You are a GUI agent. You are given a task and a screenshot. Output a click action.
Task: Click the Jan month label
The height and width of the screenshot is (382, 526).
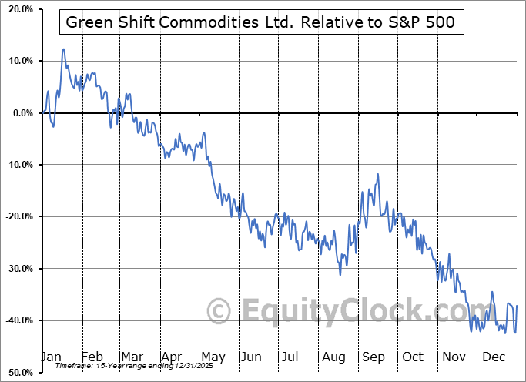pos(51,357)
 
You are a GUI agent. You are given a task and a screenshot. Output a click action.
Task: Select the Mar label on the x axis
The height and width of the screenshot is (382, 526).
pos(131,357)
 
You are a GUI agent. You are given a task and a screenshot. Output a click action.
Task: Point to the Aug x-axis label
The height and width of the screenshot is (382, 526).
pos(334,357)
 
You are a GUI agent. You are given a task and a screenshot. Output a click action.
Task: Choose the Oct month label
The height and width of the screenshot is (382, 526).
pos(413,357)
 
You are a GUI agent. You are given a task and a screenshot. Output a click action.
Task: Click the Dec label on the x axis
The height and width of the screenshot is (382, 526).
pos(493,357)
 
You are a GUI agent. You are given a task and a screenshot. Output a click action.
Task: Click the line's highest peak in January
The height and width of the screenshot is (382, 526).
pos(63,49)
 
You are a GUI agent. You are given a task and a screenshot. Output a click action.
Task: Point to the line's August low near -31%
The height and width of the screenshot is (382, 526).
pos(340,274)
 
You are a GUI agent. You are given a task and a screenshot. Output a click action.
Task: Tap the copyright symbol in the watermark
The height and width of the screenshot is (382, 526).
pos(220,311)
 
